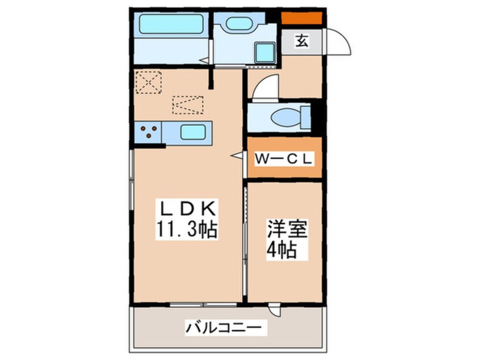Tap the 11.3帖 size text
[185, 231]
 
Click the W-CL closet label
[283, 160]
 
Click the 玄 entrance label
[302, 41]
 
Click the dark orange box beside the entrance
[302, 18]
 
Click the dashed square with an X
[149, 82]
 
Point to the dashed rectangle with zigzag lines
[188, 104]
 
